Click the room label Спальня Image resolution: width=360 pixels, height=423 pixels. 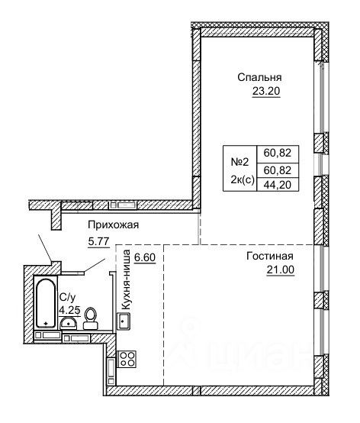click(x=259, y=77)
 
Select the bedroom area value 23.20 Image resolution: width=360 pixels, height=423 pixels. click(x=266, y=91)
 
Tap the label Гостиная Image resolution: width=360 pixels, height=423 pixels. click(x=269, y=256)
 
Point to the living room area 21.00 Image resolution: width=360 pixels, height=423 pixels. click(x=280, y=270)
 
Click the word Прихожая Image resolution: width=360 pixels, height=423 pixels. click(x=113, y=224)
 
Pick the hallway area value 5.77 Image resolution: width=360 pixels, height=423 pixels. click(x=98, y=241)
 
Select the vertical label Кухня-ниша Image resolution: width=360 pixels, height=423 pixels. click(x=126, y=279)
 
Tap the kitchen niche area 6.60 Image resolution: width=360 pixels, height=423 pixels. click(x=145, y=257)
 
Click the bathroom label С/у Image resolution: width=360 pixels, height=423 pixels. click(x=68, y=298)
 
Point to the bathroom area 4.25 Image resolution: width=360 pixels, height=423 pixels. click(x=69, y=310)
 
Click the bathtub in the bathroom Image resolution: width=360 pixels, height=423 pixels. click(x=46, y=302)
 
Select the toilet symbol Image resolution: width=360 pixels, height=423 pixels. click(x=91, y=318)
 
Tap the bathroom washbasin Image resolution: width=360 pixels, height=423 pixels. click(x=69, y=323)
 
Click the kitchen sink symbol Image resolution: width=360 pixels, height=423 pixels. click(x=124, y=321)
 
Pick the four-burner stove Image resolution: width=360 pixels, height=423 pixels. click(x=127, y=359)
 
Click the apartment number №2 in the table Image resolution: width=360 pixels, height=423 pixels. click(x=239, y=162)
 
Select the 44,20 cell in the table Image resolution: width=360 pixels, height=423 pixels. click(x=278, y=185)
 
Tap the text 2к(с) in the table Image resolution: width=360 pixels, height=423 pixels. click(x=243, y=179)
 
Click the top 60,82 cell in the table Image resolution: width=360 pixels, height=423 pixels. click(x=278, y=153)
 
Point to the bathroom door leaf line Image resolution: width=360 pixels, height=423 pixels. click(x=95, y=266)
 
